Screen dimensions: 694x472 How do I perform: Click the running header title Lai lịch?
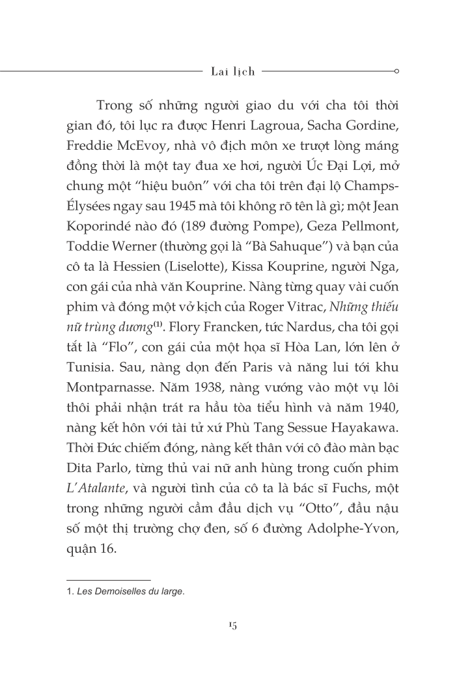tap(233, 72)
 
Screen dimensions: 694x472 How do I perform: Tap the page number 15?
tap(232, 625)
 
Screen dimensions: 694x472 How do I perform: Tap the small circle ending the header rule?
tap(397, 72)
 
